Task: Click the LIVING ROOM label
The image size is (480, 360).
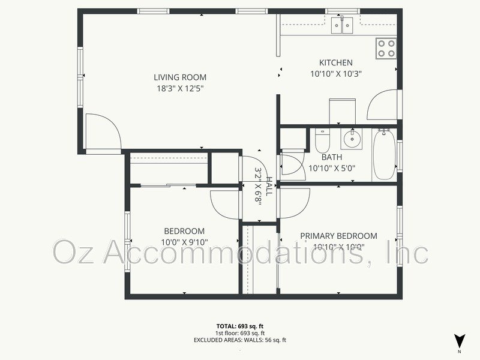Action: [180, 77]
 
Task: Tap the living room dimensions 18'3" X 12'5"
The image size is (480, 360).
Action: [180, 89]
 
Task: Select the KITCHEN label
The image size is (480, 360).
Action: [335, 62]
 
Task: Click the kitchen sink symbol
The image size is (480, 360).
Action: [343, 25]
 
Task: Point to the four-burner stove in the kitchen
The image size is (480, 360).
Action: [386, 48]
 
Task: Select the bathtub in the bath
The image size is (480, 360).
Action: [383, 154]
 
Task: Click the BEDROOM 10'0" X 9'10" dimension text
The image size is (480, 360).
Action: [184, 242]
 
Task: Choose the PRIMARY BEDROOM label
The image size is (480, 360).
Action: [338, 236]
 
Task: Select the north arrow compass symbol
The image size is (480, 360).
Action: [459, 340]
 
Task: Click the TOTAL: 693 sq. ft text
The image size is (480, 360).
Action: [239, 326]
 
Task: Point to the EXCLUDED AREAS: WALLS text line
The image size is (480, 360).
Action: [239, 340]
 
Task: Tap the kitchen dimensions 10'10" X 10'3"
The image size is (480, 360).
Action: [335, 74]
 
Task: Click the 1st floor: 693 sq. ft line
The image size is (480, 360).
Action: [239, 333]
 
